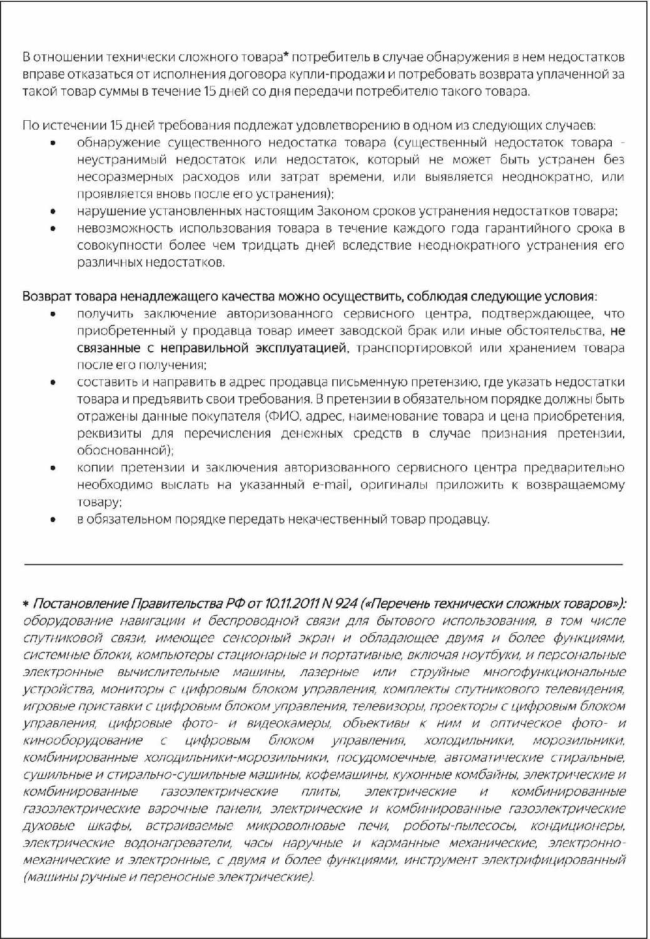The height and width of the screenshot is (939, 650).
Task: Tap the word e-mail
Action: pos(327,485)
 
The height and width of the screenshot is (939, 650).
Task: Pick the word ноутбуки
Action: pos(487,655)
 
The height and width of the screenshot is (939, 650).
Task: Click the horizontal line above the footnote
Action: pos(323,564)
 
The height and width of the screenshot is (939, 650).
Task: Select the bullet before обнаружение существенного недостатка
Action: pos(54,143)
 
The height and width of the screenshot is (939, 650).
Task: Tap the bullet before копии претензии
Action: pos(54,468)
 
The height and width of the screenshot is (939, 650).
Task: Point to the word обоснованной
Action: pos(124,451)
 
